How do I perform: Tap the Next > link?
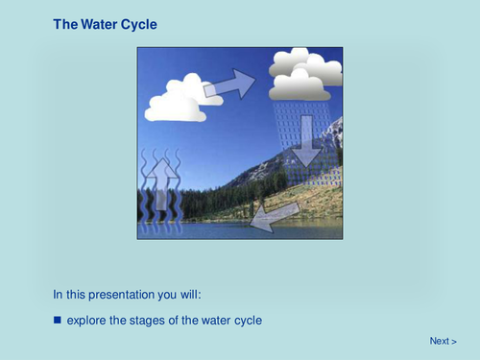click(x=443, y=341)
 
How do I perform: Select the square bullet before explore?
click(x=58, y=319)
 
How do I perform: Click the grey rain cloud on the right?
click(x=306, y=75)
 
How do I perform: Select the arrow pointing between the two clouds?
click(x=230, y=84)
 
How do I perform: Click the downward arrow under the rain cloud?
click(x=306, y=139)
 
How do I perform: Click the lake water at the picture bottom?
click(x=240, y=231)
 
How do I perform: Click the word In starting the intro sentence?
click(x=58, y=294)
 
